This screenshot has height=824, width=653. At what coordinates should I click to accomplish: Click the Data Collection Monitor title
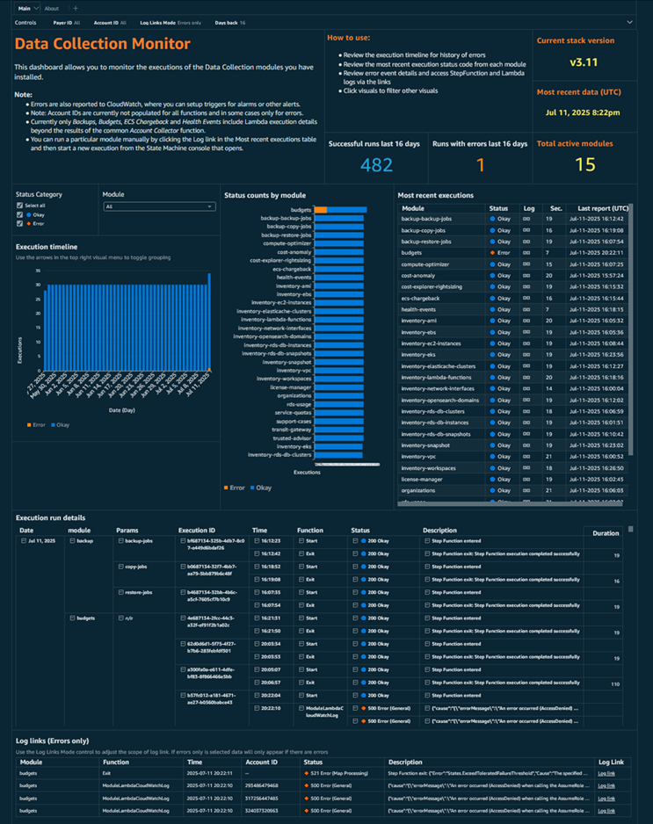pos(102,43)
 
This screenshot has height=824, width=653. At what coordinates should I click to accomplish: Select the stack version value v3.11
pos(583,63)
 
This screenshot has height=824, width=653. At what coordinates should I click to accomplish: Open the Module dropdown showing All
pos(158,206)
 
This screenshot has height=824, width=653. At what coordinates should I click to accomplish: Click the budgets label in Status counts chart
pos(301,210)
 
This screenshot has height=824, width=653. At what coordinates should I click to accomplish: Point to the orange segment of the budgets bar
pos(321,210)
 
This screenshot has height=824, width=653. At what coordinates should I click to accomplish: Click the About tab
pos(52,8)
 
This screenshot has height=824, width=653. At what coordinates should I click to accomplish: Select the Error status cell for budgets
pos(500,252)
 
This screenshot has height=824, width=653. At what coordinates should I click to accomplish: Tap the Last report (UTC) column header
pos(603,207)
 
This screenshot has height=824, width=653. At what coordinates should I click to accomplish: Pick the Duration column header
pos(606,533)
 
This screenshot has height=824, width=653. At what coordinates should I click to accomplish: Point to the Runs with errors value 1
pos(480,166)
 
